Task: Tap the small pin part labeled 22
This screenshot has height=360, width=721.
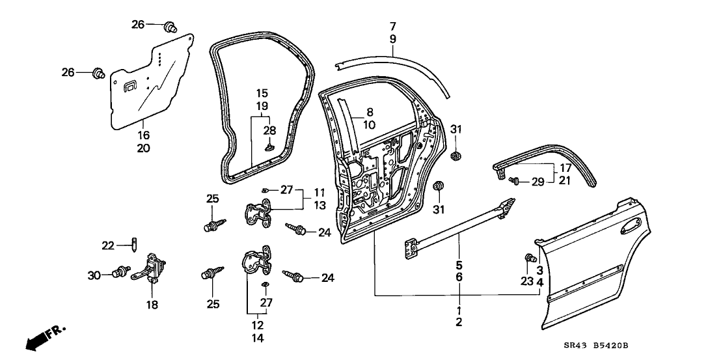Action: [134, 245]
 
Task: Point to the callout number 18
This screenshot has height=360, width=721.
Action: [152, 304]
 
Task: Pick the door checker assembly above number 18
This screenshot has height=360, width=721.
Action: [152, 270]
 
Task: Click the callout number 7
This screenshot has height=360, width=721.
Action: [392, 27]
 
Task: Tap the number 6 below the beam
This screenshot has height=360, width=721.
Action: [459, 277]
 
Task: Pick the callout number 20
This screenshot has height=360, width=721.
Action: [143, 148]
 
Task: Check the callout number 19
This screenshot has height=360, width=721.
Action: [262, 105]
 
